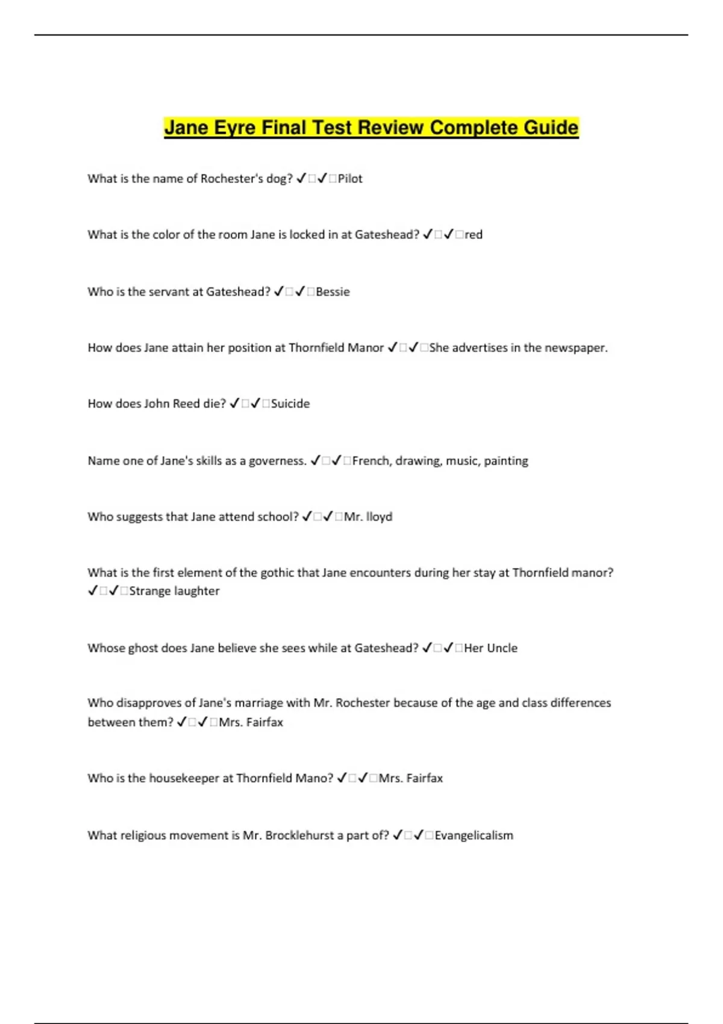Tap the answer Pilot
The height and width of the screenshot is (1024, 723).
click(x=350, y=179)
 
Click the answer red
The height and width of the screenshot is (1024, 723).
click(x=474, y=235)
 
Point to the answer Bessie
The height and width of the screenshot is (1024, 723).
click(x=333, y=292)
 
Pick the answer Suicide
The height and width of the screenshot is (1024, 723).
click(x=290, y=404)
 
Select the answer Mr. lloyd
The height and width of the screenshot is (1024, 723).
click(x=368, y=517)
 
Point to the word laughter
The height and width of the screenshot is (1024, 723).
click(x=196, y=592)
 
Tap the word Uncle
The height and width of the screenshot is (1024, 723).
click(x=502, y=648)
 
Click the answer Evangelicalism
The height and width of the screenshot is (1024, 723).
click(x=474, y=835)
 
